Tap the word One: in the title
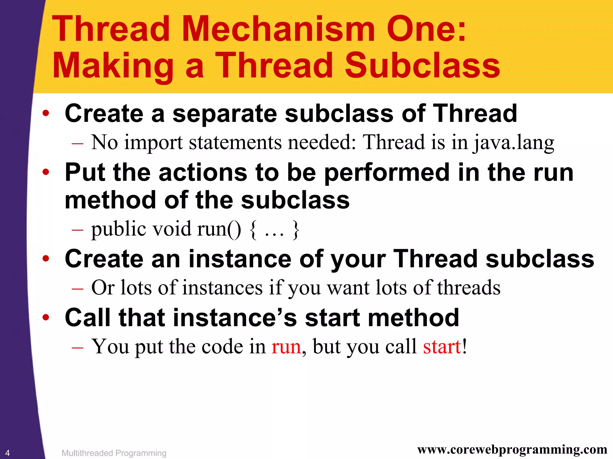426,29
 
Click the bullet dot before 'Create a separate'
45,113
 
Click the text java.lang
513,143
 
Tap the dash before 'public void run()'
77,230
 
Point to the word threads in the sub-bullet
469,288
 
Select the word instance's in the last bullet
235,318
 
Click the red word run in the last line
286,347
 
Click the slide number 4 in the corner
7,453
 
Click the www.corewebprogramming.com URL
512,449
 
